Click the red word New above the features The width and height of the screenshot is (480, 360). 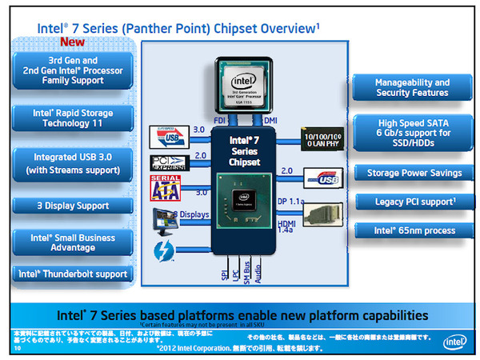tap(73, 42)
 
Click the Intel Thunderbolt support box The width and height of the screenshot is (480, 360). tap(74, 274)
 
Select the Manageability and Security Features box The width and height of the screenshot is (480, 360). tap(413, 88)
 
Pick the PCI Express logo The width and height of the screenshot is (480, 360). tap(168, 162)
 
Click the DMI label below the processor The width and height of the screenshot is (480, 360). tap(270, 120)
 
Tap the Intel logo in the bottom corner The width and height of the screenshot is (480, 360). tap(454, 342)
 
